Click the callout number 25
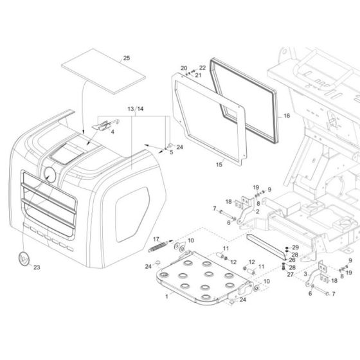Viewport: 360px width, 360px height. [126, 59]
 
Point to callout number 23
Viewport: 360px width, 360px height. [36, 267]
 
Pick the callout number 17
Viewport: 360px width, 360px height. [155, 239]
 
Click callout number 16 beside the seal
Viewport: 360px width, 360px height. [287, 116]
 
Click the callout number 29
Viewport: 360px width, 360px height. [295, 248]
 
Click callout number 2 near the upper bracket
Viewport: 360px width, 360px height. [257, 211]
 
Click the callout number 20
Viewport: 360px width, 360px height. [183, 68]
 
